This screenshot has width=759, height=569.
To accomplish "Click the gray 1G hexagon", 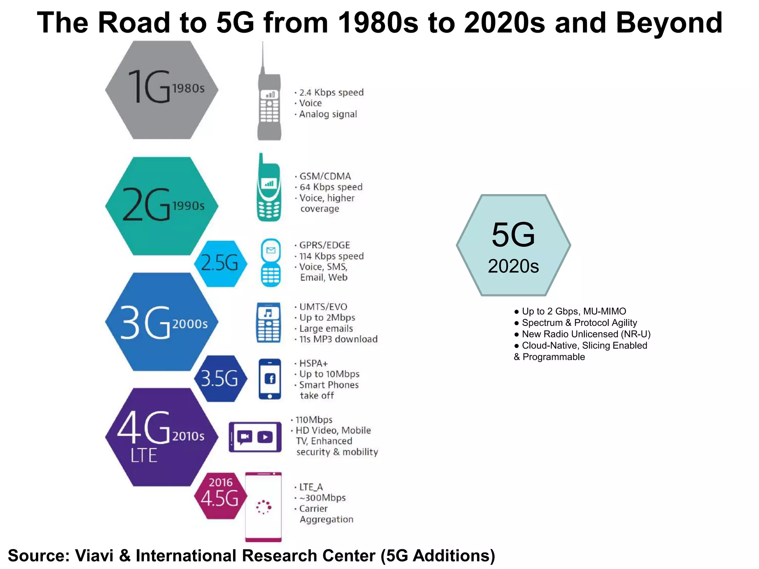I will (x=162, y=90).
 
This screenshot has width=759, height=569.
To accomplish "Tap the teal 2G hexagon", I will (x=162, y=206).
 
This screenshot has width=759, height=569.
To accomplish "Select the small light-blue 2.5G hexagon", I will (x=221, y=263).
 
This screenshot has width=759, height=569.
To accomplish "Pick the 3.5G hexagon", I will (x=221, y=379).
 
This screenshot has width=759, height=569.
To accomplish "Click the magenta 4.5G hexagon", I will (x=221, y=496).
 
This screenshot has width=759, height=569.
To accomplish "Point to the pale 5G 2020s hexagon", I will (x=513, y=245).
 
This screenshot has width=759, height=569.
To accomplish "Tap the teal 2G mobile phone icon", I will (x=269, y=193).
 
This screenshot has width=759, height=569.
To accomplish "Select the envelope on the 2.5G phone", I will (x=271, y=250).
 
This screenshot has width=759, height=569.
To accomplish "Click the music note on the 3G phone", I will (x=268, y=313).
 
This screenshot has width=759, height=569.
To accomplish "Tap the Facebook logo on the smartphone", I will (x=270, y=379).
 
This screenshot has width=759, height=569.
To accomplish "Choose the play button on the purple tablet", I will (x=265, y=437).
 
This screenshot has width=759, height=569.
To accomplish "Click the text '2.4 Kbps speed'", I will (x=331, y=92).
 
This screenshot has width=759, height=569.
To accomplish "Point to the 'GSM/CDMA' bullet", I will (x=325, y=176).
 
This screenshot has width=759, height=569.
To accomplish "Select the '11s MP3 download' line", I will (x=338, y=339).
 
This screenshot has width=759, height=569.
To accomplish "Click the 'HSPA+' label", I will (x=314, y=363).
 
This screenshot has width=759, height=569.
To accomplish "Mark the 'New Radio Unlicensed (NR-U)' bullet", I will (x=586, y=334).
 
